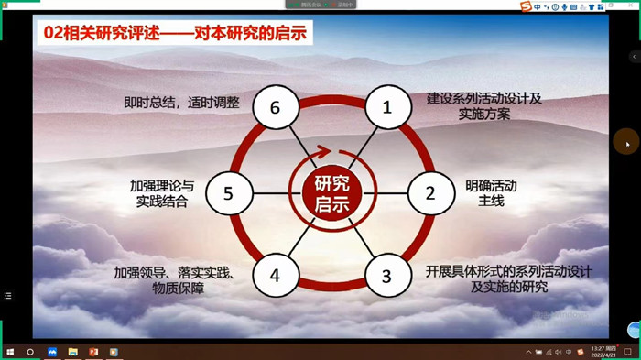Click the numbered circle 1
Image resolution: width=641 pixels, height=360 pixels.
(386, 107)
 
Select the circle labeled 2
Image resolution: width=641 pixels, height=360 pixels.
(428, 192)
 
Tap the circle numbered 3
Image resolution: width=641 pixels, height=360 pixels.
(386, 275)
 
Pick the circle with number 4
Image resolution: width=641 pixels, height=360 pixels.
(273, 275)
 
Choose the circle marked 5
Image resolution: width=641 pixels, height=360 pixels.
(228, 192)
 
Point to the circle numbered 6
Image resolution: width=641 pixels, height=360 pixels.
(273, 107)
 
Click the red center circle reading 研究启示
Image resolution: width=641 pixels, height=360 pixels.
(331, 192)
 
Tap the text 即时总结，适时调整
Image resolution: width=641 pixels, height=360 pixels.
(182, 103)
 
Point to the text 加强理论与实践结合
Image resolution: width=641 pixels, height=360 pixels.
(162, 192)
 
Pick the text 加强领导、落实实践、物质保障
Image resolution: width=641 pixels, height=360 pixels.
(173, 280)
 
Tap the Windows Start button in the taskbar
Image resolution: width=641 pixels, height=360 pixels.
(8, 352)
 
